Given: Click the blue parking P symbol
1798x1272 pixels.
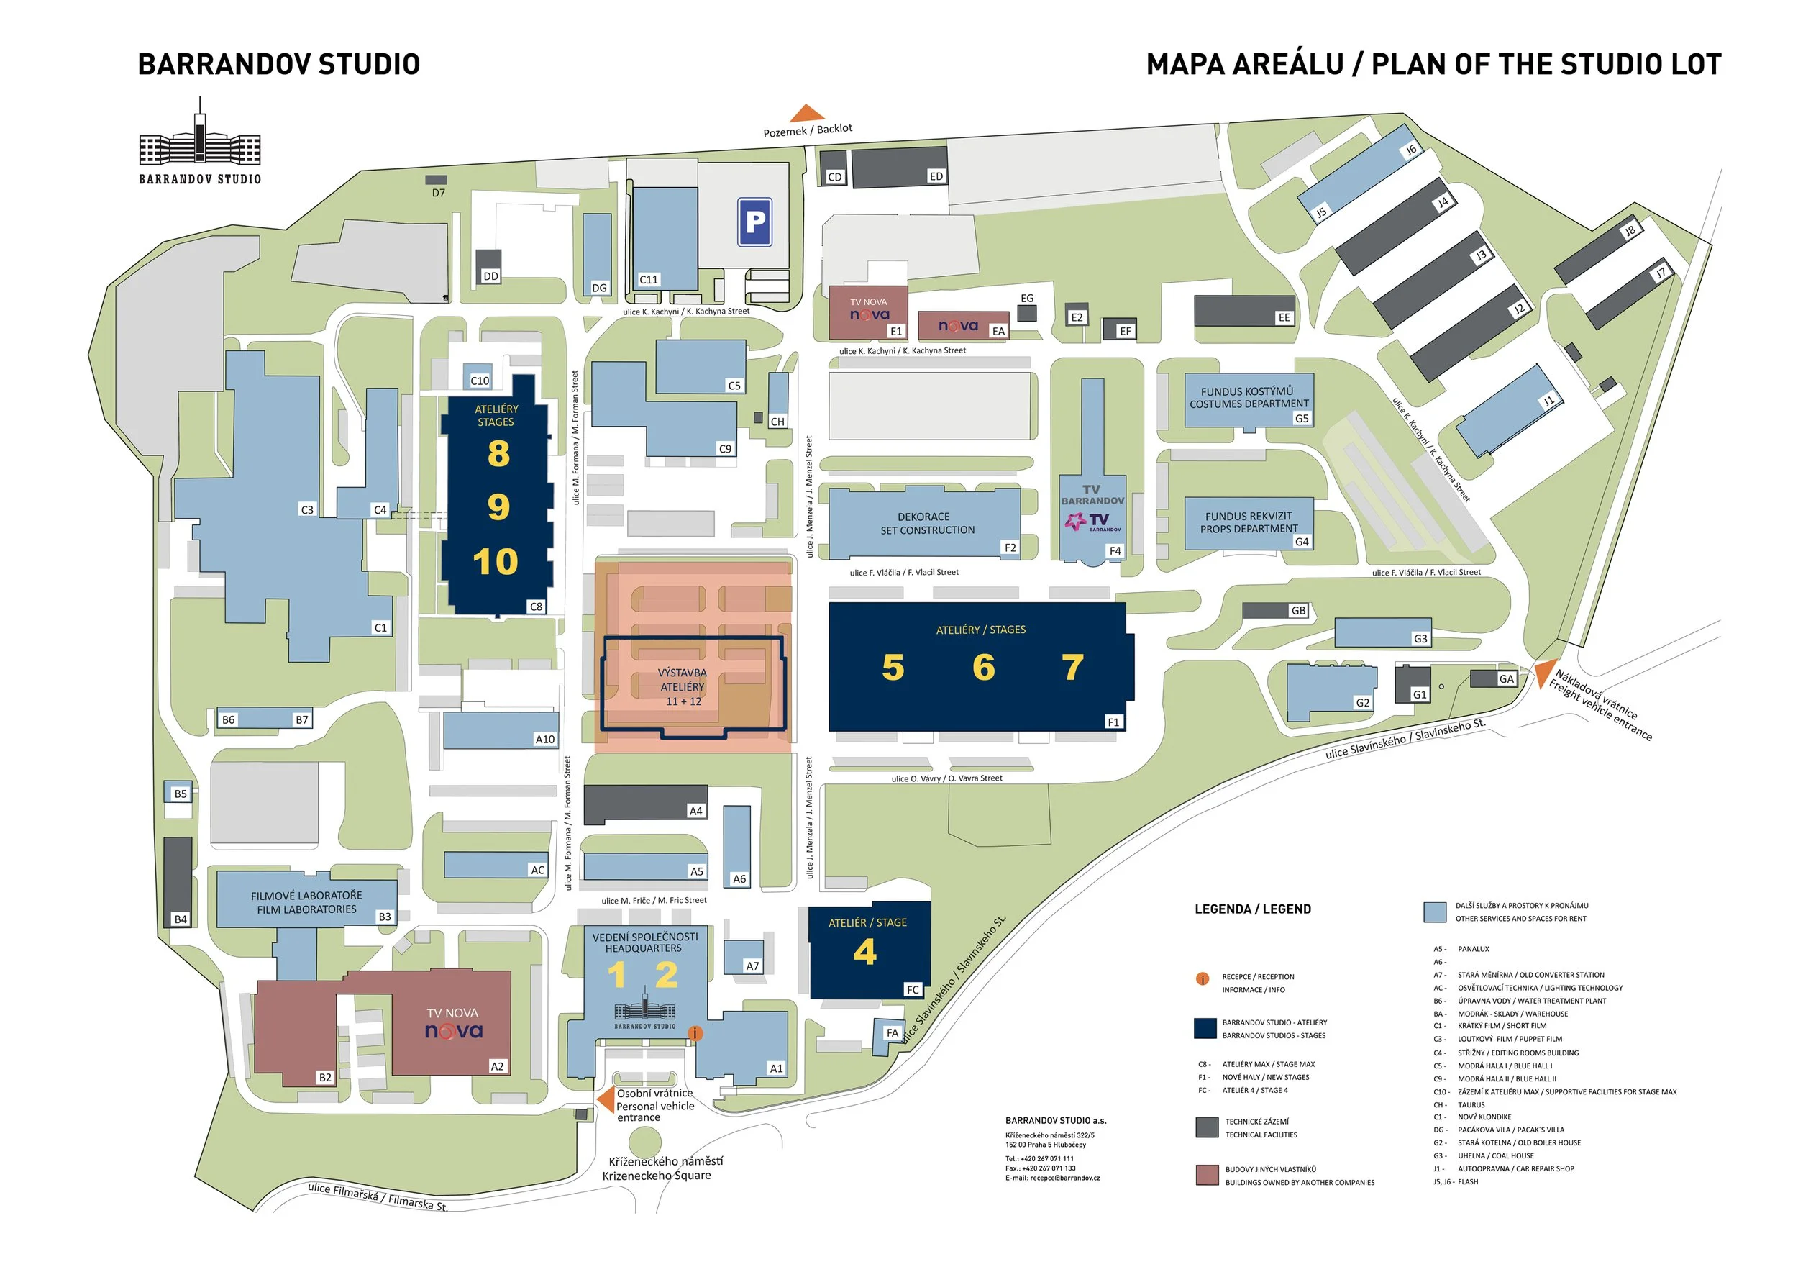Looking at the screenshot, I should [x=754, y=222].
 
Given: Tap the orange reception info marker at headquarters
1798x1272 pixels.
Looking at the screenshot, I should [x=694, y=1033].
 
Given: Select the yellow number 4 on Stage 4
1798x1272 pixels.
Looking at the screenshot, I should [x=864, y=952].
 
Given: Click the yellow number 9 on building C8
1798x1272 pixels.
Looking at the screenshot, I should [x=498, y=507].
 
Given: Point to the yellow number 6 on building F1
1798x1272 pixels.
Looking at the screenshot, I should [x=984, y=668].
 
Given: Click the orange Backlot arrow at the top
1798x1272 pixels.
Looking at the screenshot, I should [x=807, y=114].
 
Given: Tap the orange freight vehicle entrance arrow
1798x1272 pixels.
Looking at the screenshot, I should [x=1543, y=673].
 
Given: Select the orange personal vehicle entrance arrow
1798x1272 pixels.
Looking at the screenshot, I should [x=606, y=1099].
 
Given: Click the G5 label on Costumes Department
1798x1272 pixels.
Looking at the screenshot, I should [x=1301, y=418].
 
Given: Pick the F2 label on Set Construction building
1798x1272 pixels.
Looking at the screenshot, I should [x=1010, y=548].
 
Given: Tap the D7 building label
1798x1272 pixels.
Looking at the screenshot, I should [x=439, y=193].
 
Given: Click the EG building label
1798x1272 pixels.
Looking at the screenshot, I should [x=1026, y=299].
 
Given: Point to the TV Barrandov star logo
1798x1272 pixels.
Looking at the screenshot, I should [x=1075, y=521].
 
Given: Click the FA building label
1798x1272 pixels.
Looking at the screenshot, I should [x=892, y=1033].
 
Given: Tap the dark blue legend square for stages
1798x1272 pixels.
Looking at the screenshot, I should [x=1205, y=1028].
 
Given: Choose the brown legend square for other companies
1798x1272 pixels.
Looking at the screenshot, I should [x=1207, y=1175].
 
